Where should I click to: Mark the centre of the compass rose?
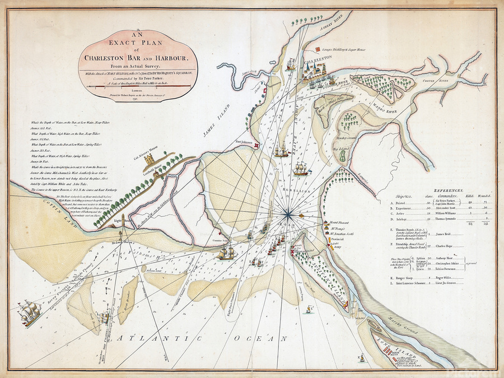[288, 213]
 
